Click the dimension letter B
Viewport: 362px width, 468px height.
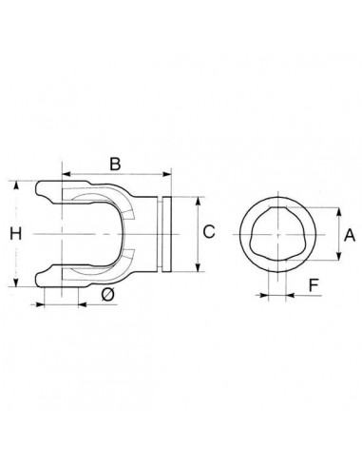(115, 165)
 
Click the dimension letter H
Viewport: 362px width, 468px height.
(15, 234)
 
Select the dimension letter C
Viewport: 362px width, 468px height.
(209, 231)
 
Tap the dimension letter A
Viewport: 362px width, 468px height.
(350, 235)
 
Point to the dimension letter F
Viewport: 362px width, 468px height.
(314, 285)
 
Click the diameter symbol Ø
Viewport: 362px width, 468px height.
(107, 296)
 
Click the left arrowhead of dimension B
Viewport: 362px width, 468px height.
(67, 174)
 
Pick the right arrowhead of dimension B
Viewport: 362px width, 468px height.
(167, 174)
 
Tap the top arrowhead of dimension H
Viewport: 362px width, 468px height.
(16, 185)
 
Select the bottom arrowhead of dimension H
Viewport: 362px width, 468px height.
(16, 283)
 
